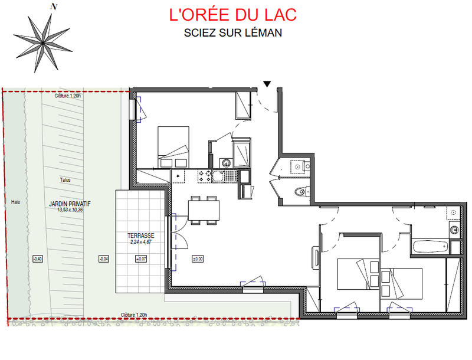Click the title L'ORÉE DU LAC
pyautogui.click(x=232, y=14)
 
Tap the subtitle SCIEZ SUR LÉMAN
pyautogui.click(x=232, y=33)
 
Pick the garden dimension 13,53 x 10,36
pyautogui.click(x=69, y=210)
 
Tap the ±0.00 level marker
pyautogui.click(x=198, y=258)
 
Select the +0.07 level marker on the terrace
pyautogui.click(x=141, y=258)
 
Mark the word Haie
pyautogui.click(x=15, y=201)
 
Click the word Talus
pyautogui.click(x=65, y=181)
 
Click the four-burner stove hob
pyautogui.click(x=205, y=175)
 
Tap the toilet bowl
pyautogui.click(x=301, y=190)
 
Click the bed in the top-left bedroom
pyautogui.click(x=173, y=148)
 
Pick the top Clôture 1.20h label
pyautogui.click(x=67, y=96)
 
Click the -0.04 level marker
pyautogui.click(x=103, y=258)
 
